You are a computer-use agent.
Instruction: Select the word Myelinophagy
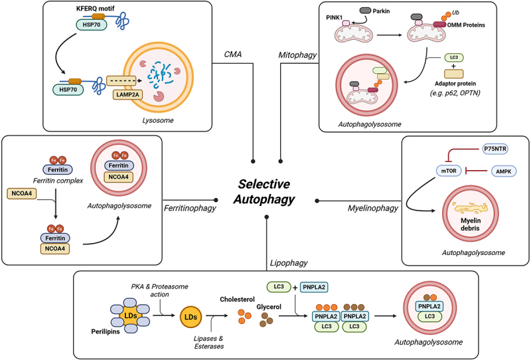click(372, 209)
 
